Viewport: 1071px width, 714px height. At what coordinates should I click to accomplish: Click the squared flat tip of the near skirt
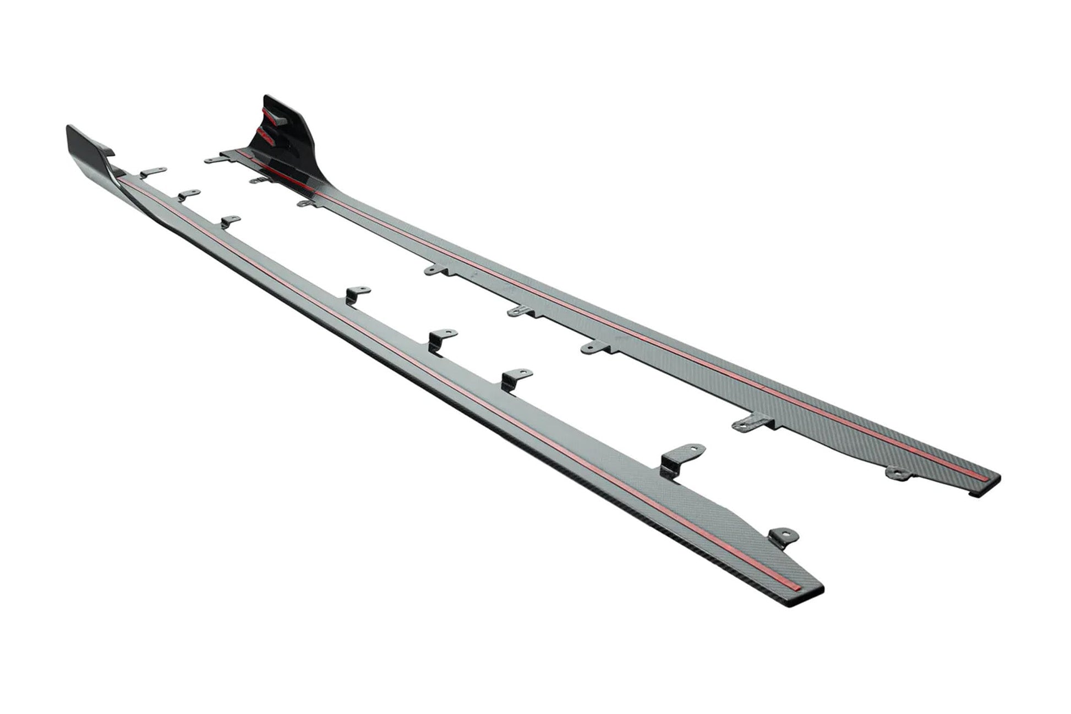793,585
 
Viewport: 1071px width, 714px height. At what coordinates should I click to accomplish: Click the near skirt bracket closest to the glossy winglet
152,172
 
